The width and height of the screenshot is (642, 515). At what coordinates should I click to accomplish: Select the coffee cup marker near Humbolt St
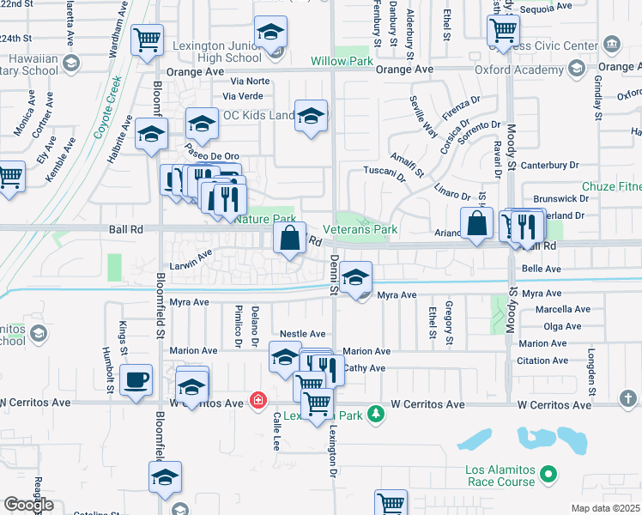(x=137, y=380)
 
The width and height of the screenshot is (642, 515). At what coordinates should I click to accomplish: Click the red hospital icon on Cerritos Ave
(x=257, y=399)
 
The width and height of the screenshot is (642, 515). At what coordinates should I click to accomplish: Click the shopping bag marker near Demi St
(x=290, y=239)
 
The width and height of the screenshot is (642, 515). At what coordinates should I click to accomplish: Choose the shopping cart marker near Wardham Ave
(x=148, y=39)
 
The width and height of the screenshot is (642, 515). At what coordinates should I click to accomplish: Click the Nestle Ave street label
(x=303, y=334)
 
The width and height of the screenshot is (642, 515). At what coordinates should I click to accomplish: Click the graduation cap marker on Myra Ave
(x=355, y=278)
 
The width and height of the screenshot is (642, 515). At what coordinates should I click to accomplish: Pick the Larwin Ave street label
(x=191, y=257)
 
